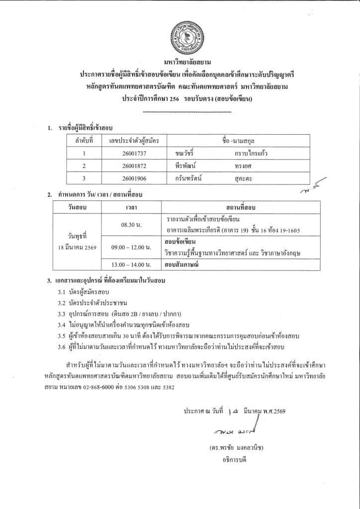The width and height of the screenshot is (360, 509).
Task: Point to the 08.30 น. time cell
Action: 131,225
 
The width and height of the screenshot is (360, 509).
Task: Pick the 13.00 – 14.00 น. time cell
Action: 131,264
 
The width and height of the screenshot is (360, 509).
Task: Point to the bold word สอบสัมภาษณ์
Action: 181,264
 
